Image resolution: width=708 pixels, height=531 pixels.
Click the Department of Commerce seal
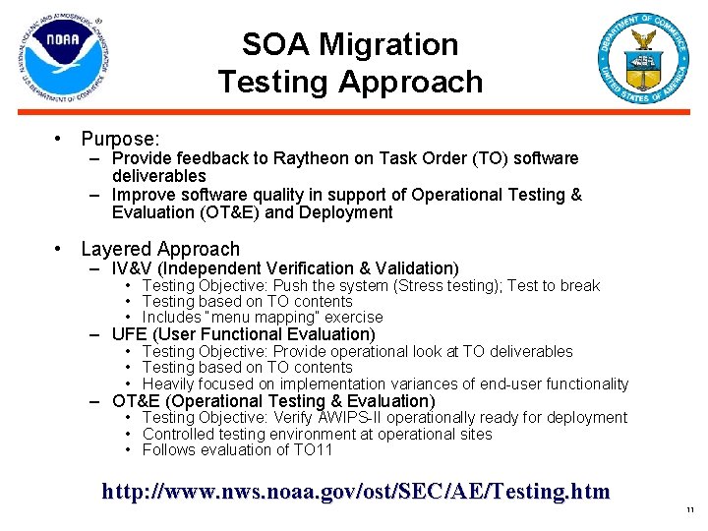pyautogui.click(x=644, y=59)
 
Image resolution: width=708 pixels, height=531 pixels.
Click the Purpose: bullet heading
pyautogui.click(x=121, y=140)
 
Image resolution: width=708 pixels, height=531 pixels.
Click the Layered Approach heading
pyautogui.click(x=160, y=249)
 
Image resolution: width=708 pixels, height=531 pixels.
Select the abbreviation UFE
pyautogui.click(x=131, y=334)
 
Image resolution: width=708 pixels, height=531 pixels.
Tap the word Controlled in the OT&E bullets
pyautogui.click(x=180, y=434)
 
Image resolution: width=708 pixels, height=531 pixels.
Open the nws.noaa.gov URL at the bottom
pyautogui.click(x=356, y=491)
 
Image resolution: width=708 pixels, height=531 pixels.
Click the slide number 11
pyautogui.click(x=690, y=509)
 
